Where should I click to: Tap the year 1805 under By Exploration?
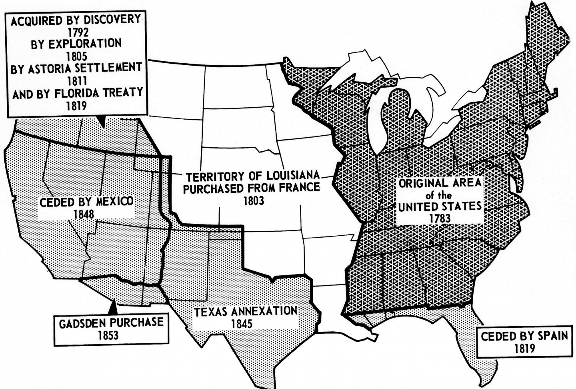76,56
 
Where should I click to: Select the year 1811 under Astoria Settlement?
76,80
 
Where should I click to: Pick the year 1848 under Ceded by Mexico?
84,214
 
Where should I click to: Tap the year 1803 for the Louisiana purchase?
254,200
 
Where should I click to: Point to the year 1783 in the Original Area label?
440,218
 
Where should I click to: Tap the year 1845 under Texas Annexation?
242,323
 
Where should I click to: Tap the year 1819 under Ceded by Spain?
525,348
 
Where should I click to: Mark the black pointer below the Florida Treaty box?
102,122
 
